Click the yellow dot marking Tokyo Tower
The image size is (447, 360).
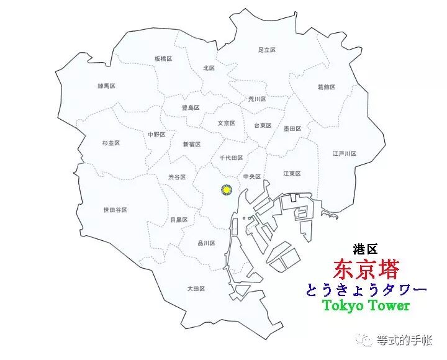(227, 189)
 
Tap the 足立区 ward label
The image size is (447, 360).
(266, 50)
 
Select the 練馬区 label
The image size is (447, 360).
(107, 86)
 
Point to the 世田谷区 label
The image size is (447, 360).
(115, 210)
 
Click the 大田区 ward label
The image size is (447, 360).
(196, 289)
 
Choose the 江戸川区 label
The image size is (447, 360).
(344, 153)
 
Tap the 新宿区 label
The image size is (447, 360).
(191, 144)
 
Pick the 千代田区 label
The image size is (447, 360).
(231, 158)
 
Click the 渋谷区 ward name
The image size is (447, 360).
(177, 177)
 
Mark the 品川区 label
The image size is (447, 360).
(206, 243)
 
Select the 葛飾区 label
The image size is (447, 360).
(326, 88)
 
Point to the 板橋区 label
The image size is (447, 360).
(163, 58)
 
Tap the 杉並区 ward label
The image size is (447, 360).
(111, 143)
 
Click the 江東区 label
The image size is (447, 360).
(292, 173)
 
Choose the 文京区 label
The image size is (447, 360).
(226, 123)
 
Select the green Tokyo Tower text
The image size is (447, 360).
(366, 305)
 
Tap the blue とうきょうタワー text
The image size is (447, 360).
(366, 289)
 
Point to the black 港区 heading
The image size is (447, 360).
(365, 250)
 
